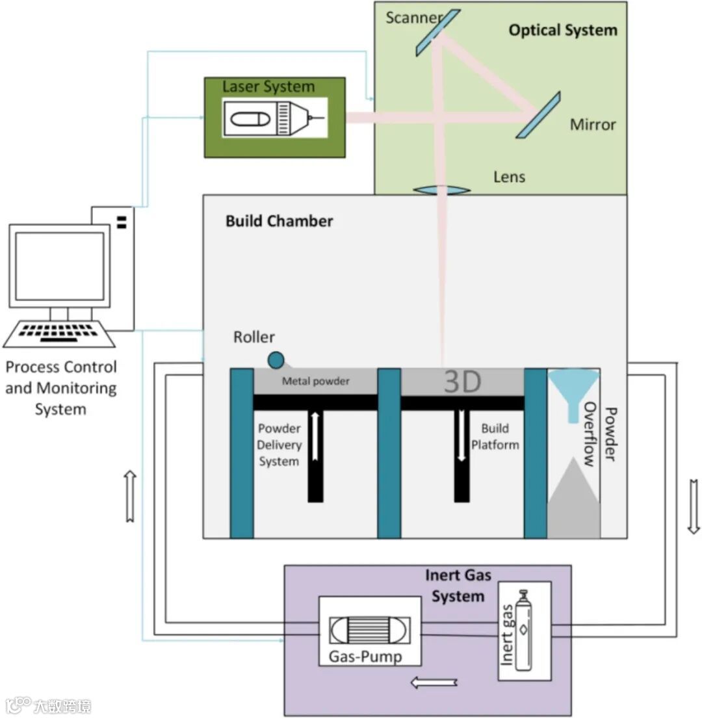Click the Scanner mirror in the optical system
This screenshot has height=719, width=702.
[436, 33]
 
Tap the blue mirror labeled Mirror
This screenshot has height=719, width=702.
[538, 114]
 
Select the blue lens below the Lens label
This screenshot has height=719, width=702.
[442, 190]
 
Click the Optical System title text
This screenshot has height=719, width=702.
[562, 30]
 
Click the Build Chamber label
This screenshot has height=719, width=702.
[279, 221]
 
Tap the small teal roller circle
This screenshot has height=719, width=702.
[276, 359]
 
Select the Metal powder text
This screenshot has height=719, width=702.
[315, 382]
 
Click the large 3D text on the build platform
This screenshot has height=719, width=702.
[462, 382]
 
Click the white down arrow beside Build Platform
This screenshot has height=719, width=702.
[461, 436]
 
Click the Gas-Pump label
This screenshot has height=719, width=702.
[365, 657]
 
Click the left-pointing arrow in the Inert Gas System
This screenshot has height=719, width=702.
[435, 683]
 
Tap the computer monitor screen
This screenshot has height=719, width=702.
[59, 266]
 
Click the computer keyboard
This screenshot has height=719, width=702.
[59, 333]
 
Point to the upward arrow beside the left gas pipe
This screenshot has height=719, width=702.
[129, 496]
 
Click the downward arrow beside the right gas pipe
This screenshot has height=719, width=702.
[694, 506]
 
